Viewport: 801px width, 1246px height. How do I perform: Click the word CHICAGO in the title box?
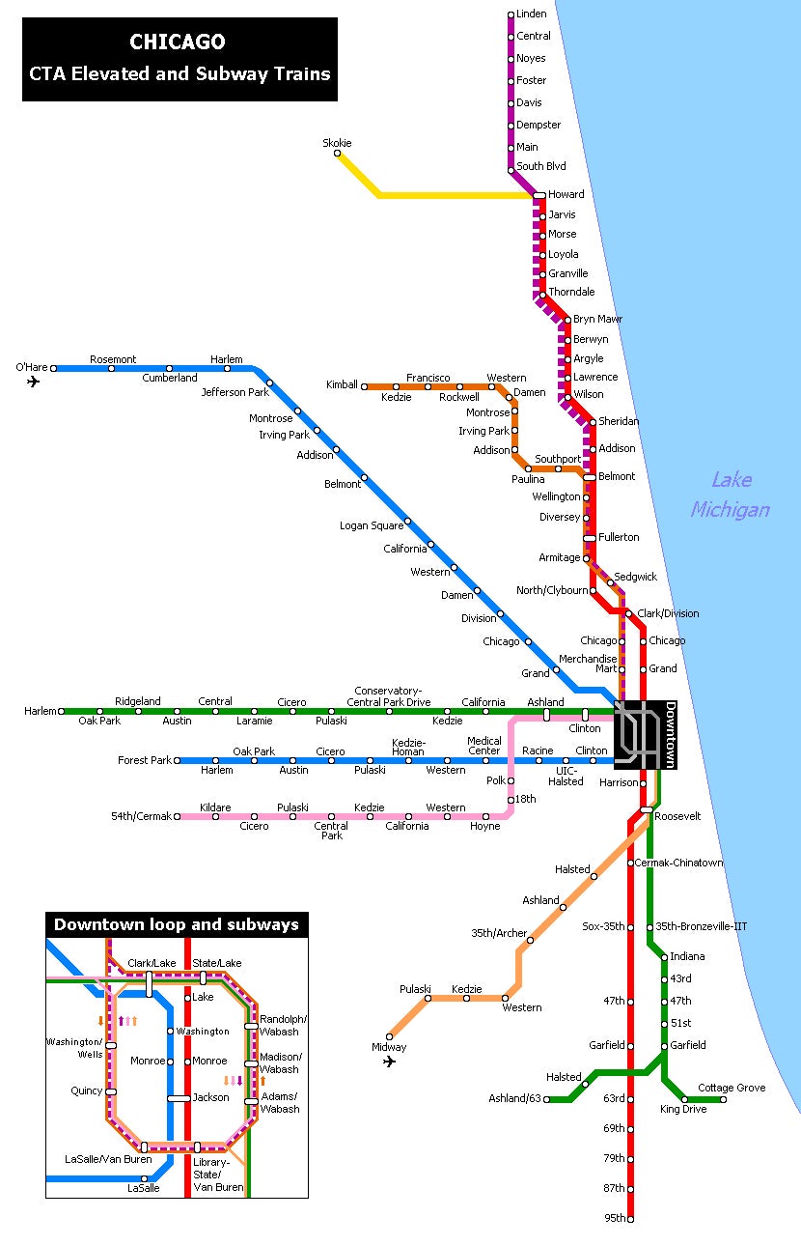tap(178, 42)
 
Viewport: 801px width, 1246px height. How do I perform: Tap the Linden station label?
tap(532, 14)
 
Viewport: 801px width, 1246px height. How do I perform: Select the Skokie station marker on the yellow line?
tap(338, 154)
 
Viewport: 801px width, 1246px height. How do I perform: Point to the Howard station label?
tap(566, 194)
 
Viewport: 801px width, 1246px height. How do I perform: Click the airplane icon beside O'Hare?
tap(34, 382)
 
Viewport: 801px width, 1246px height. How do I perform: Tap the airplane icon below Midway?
tap(389, 1062)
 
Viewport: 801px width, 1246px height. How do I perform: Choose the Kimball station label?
tap(342, 385)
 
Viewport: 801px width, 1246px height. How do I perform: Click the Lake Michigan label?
tap(731, 495)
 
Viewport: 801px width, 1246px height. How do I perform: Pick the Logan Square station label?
tap(372, 525)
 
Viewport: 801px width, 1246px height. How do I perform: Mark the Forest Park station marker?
tap(178, 761)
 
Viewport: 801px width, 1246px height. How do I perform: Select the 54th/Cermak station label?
tap(140, 817)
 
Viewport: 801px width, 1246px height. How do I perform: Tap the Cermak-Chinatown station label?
tap(679, 863)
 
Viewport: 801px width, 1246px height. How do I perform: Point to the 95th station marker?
tap(631, 1219)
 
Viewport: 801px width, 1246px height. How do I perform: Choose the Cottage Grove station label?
tap(732, 1088)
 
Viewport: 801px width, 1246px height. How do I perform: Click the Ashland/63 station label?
tap(516, 1099)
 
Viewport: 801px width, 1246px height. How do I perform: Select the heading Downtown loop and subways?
tap(177, 925)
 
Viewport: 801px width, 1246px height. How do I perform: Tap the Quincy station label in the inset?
tap(87, 1091)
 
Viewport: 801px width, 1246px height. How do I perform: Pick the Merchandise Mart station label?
tap(591, 664)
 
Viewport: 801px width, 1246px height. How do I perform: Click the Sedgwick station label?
tap(635, 577)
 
